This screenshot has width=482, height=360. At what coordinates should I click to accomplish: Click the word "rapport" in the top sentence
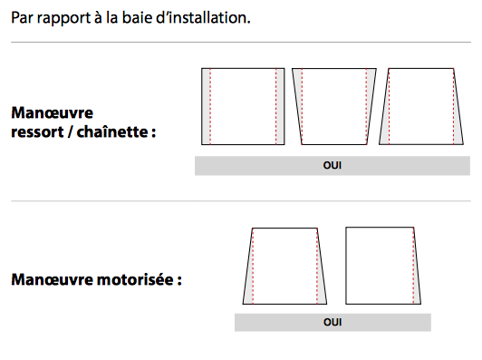(63, 19)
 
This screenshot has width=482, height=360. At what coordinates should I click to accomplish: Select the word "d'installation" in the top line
(203, 17)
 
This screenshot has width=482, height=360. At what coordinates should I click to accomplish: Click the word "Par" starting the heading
(22, 17)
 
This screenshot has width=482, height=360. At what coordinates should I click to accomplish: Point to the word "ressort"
(37, 132)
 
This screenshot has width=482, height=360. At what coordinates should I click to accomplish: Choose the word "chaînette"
(112, 131)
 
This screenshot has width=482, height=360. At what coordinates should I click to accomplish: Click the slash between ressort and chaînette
(70, 132)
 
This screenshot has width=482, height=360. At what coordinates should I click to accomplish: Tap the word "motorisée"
(135, 279)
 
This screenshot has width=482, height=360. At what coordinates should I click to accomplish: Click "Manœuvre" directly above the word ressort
(52, 112)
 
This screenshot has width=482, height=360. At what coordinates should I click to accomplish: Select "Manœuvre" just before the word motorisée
(52, 279)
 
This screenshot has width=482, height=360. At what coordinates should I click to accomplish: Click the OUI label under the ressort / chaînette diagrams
(333, 166)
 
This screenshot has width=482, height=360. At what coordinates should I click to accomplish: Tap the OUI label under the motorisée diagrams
(333, 322)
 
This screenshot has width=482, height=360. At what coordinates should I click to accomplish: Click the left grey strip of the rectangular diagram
(206, 106)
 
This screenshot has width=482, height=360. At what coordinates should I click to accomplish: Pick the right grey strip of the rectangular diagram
(280, 106)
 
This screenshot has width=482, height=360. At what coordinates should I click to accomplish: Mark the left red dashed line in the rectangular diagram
(210, 106)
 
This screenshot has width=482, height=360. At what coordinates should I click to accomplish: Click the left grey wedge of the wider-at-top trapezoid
(298, 92)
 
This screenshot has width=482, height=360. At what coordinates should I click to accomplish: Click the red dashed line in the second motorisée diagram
(413, 266)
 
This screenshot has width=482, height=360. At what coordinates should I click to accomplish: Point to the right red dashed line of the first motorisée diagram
(317, 267)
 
